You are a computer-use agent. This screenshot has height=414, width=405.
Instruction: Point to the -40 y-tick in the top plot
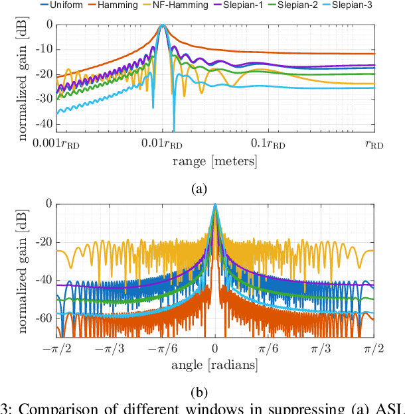[44, 124]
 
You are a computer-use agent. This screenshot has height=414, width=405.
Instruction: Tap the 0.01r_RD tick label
[162, 144]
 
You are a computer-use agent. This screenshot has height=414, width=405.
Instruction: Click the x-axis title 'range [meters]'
[214, 161]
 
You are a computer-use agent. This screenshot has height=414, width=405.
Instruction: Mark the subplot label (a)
[199, 189]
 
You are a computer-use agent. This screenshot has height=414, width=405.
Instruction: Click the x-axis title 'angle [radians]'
[214, 364]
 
